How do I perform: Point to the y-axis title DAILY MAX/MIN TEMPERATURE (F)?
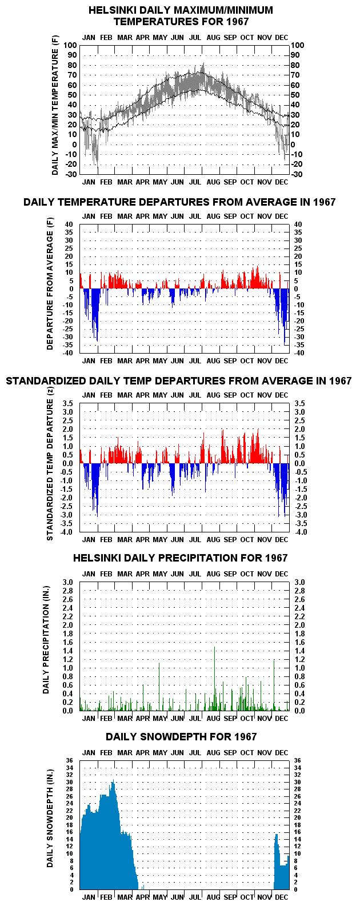click(55, 105)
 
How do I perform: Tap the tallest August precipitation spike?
click(215, 679)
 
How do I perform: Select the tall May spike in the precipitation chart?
click(159, 687)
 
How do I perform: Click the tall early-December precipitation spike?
click(274, 685)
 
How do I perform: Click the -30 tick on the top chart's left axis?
click(71, 174)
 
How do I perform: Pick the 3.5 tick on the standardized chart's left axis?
click(67, 403)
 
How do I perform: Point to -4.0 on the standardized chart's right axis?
click(300, 532)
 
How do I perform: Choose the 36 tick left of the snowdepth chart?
click(70, 761)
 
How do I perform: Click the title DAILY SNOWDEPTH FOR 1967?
click(181, 737)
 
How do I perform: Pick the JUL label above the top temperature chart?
click(195, 38)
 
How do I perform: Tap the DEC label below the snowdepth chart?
click(282, 897)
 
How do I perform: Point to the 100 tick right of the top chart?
click(298, 45)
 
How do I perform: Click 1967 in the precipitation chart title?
click(277, 558)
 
